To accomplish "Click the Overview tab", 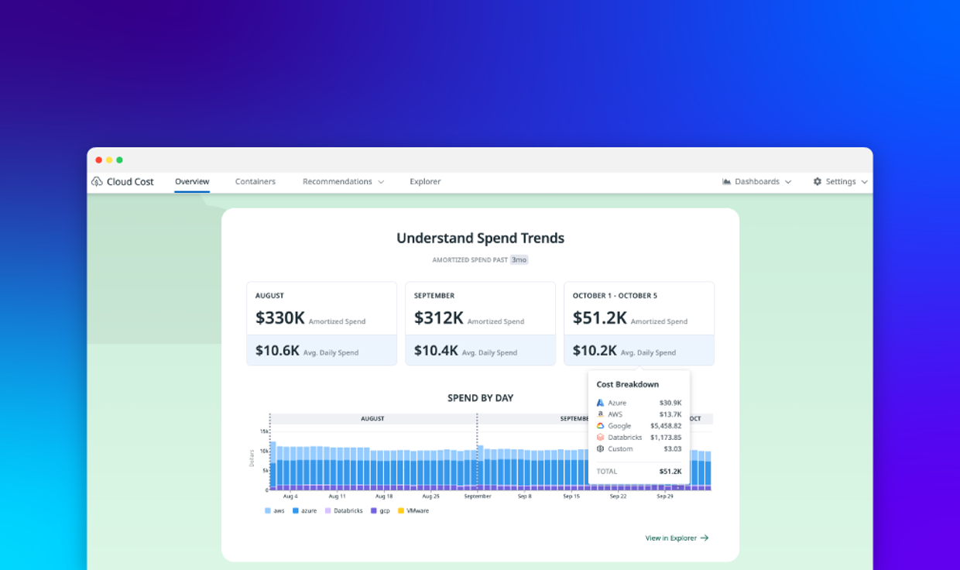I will click(192, 182).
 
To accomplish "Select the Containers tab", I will click(255, 182).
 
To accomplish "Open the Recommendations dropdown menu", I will click(343, 182).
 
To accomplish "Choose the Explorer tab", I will click(425, 182).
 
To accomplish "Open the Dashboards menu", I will click(756, 182).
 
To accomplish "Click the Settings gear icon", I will click(818, 182).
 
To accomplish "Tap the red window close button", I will click(99, 160).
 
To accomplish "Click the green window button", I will click(119, 160).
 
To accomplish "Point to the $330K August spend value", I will click(280, 318).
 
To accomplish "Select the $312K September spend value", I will click(438, 318).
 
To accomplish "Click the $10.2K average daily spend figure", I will click(595, 351).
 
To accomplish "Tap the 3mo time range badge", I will click(519, 260).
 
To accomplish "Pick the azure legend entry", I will click(304, 511).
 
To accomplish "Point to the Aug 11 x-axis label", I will click(337, 496).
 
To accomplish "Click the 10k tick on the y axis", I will click(264, 451).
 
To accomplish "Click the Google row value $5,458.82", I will click(666, 426).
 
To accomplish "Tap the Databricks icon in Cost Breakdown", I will click(600, 438).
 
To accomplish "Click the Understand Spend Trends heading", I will click(480, 239).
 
